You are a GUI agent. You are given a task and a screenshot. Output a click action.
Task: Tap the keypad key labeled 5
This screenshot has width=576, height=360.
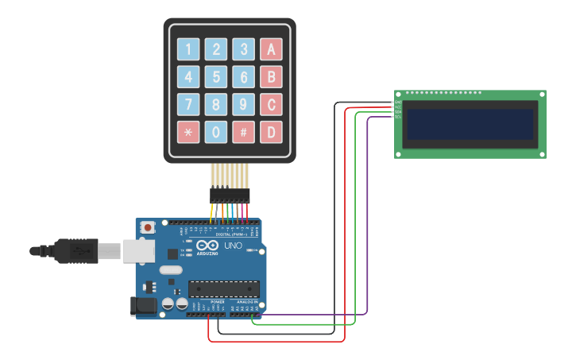[216, 77]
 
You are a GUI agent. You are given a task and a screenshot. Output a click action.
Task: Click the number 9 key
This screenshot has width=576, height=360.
[244, 104]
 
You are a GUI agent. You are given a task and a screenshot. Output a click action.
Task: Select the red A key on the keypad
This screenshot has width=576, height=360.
[272, 49]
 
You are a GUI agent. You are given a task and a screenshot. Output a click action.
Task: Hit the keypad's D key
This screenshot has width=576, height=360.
[272, 132]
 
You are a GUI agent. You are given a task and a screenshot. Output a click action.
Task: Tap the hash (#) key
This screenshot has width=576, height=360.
[244, 132]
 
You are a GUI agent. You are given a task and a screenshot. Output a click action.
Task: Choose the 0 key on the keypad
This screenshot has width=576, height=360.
[216, 132]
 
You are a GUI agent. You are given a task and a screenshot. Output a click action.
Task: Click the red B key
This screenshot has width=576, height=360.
[272, 77]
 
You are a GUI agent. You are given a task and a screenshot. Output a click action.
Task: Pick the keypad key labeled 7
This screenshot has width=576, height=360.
[188, 104]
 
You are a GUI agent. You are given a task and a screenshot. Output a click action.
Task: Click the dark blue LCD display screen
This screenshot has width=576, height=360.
[470, 124]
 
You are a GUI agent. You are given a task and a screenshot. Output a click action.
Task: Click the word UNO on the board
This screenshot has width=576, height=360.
[234, 246]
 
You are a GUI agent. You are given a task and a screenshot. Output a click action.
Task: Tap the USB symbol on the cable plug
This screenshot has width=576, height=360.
[79, 251]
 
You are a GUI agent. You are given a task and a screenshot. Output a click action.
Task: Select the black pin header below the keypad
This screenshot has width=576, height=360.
[230, 195]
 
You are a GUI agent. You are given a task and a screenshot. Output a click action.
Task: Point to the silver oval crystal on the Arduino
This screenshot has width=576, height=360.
[171, 270]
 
